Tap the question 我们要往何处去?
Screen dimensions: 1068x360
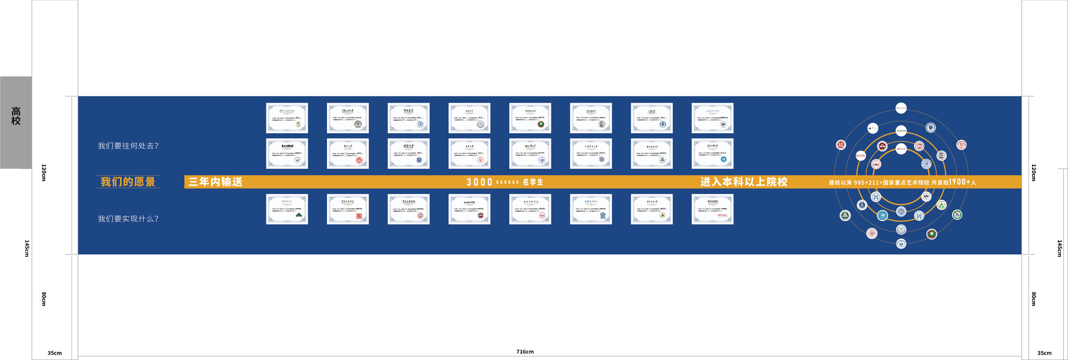(x=128, y=146)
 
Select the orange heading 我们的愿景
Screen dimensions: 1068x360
(x=128, y=182)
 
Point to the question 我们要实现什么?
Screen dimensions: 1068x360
(x=128, y=219)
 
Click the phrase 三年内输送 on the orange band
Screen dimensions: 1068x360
(x=215, y=182)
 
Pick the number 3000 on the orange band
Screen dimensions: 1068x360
(x=479, y=182)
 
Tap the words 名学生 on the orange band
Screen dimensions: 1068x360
(x=533, y=182)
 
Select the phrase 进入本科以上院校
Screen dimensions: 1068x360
(x=743, y=182)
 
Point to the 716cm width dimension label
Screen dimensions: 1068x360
(x=525, y=352)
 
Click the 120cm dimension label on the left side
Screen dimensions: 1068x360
(x=44, y=172)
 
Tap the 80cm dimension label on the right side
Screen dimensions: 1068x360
(x=1033, y=299)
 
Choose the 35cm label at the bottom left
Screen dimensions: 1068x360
(x=55, y=353)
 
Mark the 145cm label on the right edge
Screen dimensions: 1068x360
(x=1060, y=248)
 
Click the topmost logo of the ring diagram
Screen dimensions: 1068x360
(x=901, y=108)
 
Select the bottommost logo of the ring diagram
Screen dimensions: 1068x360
(x=901, y=244)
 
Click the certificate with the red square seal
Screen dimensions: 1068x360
(x=348, y=209)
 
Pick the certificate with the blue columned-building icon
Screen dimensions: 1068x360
(x=591, y=209)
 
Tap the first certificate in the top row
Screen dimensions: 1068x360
(x=287, y=118)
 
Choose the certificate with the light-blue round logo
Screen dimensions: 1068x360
(x=712, y=154)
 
